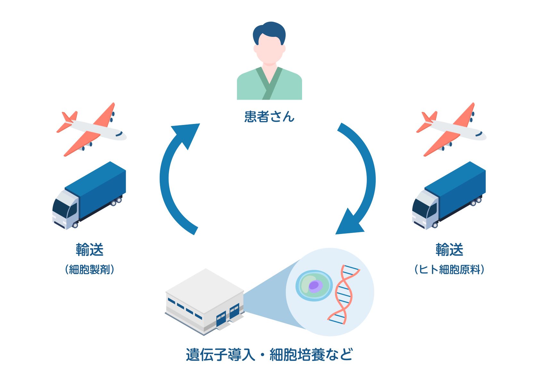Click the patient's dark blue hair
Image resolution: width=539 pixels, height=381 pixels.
[x=269, y=30]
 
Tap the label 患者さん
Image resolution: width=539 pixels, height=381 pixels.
[x=269, y=117]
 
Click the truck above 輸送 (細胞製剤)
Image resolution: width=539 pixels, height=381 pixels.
[x=89, y=195]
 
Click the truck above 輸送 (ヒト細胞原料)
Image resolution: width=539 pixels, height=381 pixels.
[x=449, y=195]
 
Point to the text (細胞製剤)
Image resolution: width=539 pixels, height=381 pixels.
[x=89, y=269]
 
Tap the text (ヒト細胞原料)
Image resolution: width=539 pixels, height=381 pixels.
[x=449, y=269]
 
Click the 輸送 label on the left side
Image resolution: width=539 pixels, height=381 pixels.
[x=89, y=250]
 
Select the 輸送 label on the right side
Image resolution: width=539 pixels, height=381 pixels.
[x=449, y=250]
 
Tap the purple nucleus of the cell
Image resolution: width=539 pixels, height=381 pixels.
[x=314, y=285]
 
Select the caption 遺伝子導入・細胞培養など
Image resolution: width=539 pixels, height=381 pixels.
[x=269, y=355]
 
